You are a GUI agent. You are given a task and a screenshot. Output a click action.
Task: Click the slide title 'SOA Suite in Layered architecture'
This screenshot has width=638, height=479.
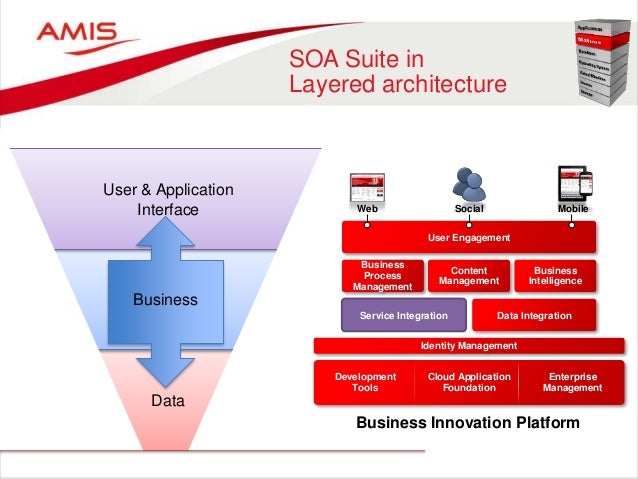click(397, 72)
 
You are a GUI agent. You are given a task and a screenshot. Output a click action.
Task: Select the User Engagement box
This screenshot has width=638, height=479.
click(469, 238)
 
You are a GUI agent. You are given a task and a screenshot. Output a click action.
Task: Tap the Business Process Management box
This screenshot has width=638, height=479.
click(382, 275)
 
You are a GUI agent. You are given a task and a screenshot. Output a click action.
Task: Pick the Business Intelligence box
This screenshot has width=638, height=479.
click(555, 275)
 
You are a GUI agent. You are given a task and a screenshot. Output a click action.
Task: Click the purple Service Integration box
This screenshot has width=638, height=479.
click(404, 315)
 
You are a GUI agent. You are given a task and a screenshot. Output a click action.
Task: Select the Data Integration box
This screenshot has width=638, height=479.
click(534, 315)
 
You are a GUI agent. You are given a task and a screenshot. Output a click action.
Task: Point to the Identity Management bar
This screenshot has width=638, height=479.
click(469, 346)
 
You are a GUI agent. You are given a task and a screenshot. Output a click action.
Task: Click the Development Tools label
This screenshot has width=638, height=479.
click(365, 382)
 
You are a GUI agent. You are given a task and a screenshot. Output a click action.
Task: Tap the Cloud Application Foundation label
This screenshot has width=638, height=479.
click(469, 382)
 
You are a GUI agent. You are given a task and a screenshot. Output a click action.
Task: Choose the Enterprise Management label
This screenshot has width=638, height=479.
click(572, 382)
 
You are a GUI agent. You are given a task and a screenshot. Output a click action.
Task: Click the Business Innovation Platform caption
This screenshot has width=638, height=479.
click(468, 423)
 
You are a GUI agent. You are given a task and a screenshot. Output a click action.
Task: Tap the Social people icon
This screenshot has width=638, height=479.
click(468, 183)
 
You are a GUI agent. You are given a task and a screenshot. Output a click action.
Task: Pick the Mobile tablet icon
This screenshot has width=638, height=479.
click(573, 184)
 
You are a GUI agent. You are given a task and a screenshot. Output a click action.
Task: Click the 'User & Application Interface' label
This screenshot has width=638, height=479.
click(168, 199)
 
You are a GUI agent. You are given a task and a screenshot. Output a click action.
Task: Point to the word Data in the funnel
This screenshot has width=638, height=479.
click(168, 400)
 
